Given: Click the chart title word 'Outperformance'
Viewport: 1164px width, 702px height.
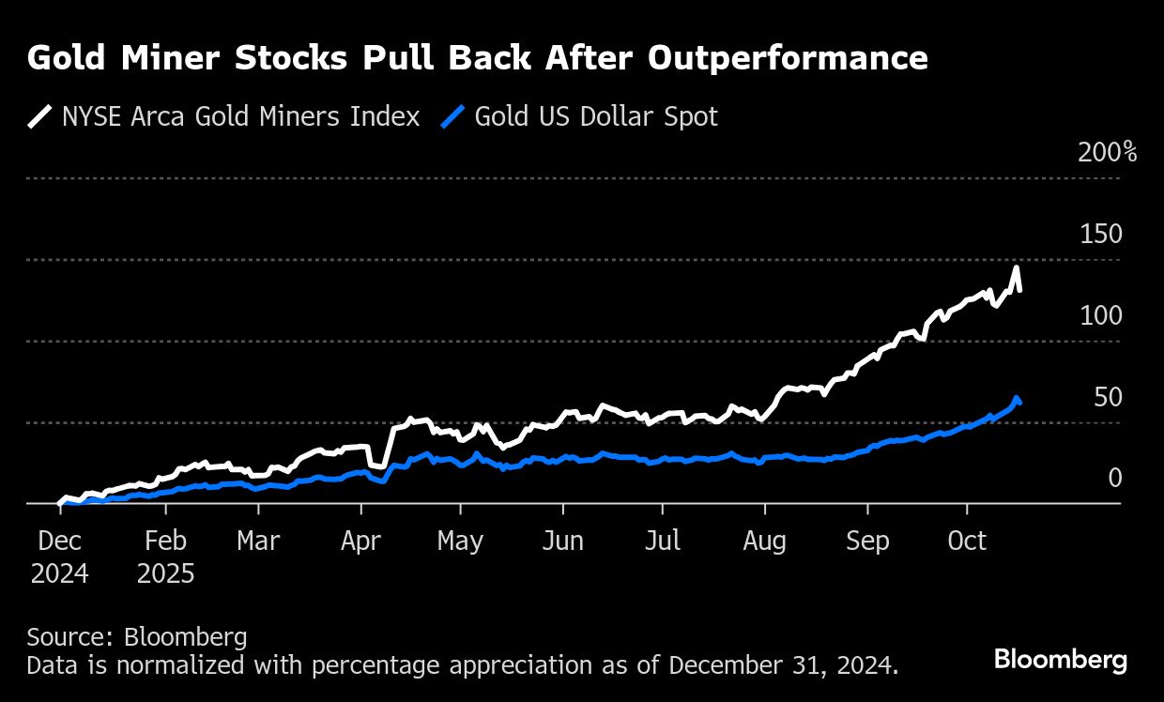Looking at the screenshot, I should tap(788, 59).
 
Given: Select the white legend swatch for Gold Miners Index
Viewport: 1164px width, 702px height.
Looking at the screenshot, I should tap(40, 116).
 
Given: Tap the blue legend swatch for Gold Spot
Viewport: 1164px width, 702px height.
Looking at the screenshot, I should tap(454, 116).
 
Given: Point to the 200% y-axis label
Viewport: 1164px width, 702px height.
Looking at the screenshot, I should tap(1107, 152).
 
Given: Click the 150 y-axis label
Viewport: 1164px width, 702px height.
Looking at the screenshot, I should tap(1101, 234).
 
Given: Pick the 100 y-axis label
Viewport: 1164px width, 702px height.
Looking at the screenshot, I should tap(1101, 315).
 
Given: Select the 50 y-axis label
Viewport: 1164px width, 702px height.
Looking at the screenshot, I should tap(1108, 397).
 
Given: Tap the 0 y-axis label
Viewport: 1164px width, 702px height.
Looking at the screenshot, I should tap(1115, 479).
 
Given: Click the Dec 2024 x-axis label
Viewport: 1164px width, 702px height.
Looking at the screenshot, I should tap(59, 557).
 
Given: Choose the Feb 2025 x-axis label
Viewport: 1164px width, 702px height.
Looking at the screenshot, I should tap(166, 557).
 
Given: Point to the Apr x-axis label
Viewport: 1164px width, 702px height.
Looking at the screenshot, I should tap(360, 542).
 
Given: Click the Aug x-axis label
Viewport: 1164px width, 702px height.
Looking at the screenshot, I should tap(764, 542).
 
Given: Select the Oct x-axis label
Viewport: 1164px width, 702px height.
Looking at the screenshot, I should tap(967, 542).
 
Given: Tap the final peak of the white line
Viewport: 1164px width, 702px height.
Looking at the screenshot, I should tap(1016, 268).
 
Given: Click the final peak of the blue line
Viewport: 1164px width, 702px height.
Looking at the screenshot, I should tap(1016, 398).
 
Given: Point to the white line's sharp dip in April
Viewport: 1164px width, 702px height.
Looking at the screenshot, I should tap(379, 465).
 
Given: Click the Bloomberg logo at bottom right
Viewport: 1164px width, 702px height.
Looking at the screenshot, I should tap(1060, 660).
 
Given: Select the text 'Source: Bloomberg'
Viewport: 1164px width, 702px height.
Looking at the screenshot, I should tap(137, 638).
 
